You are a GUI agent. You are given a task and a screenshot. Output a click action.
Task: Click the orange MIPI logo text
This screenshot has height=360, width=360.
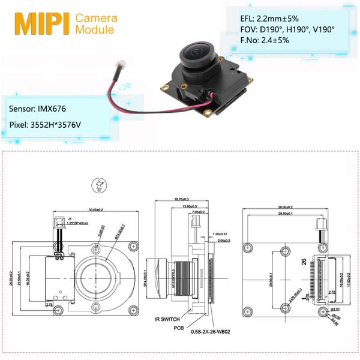pyautogui.click(x=41, y=22)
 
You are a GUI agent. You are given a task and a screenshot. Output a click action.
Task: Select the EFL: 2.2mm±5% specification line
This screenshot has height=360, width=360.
pyautogui.click(x=265, y=19)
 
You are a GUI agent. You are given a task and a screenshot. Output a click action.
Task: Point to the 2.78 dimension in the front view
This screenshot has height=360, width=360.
pyautogui.click(x=49, y=305)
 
